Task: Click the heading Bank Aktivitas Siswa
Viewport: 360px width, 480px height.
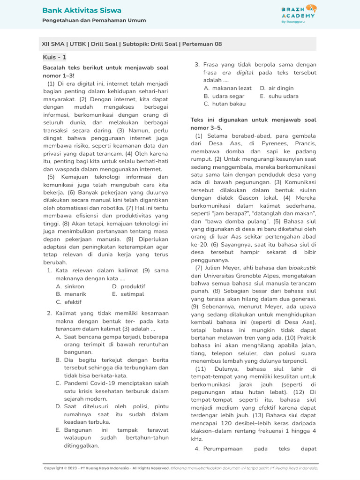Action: [82, 10]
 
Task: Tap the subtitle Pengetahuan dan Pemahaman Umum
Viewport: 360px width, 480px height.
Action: [94, 21]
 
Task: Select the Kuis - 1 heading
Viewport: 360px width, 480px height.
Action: [54, 57]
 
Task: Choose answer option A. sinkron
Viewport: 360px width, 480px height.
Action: [70, 286]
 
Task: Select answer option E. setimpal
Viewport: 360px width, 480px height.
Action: [128, 294]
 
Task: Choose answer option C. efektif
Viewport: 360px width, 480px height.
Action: [68, 302]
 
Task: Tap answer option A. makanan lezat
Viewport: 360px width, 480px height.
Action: [227, 88]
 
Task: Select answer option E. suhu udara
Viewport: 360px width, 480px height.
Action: [279, 96]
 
